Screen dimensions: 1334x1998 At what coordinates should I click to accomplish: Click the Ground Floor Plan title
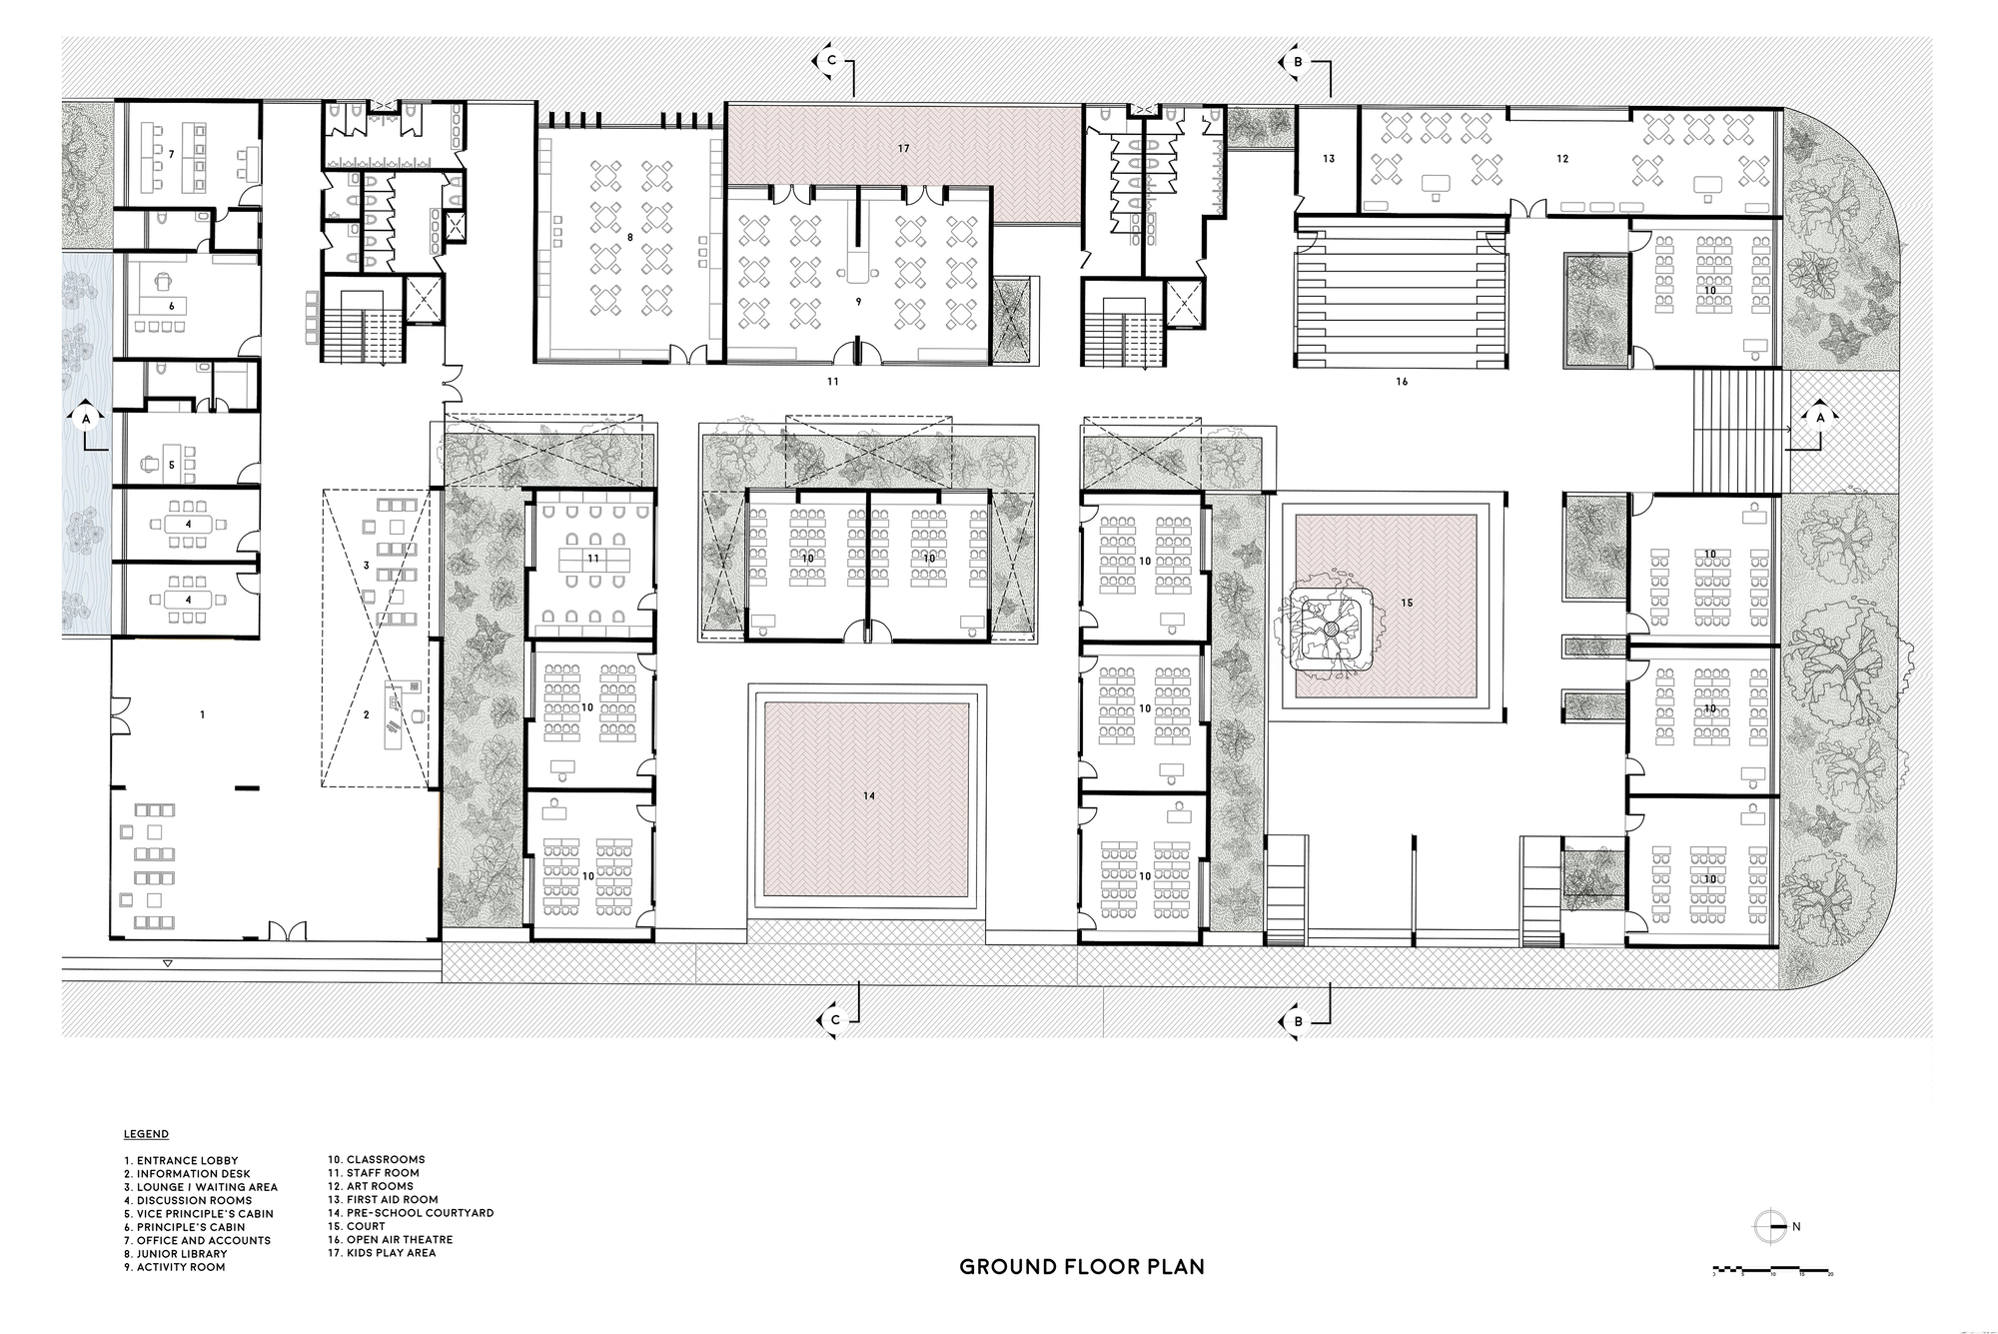(1081, 1267)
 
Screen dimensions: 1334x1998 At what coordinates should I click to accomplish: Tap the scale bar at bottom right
(1772, 1272)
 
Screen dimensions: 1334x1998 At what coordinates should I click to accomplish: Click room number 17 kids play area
(903, 149)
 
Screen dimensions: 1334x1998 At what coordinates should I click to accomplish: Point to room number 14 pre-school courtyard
(868, 795)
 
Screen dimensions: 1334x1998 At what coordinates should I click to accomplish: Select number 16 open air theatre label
(1402, 382)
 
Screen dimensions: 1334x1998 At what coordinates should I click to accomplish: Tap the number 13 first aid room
(1329, 159)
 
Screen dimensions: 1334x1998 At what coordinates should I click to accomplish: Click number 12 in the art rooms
(1562, 159)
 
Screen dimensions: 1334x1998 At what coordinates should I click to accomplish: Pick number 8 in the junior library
(630, 237)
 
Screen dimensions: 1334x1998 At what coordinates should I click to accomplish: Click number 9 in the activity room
(857, 301)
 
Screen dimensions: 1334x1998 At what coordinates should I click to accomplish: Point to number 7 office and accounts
(171, 154)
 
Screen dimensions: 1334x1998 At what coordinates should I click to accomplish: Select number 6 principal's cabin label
(171, 306)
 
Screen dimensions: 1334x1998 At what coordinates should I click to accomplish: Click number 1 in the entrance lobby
(203, 714)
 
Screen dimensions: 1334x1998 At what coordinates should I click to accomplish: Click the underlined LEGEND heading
(146, 1134)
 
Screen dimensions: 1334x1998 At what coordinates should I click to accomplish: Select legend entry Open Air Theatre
(391, 1239)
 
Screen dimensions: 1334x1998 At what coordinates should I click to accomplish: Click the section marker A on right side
(1819, 418)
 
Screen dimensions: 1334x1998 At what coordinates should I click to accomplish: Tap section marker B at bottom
(1297, 1021)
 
